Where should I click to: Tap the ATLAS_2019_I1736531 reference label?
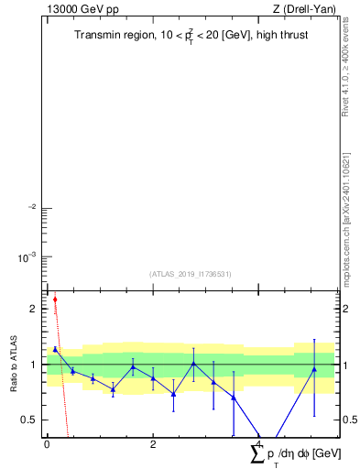pyautogui.click(x=191, y=274)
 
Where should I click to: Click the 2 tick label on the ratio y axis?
pyautogui.click(x=32, y=309)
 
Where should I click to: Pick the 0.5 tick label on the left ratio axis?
pyautogui.click(x=27, y=420)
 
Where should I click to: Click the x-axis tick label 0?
pyautogui.click(x=47, y=443)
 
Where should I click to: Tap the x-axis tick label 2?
pyautogui.click(x=153, y=443)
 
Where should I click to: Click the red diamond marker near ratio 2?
pyautogui.click(x=55, y=299)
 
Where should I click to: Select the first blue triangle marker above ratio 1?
pyautogui.click(x=55, y=349)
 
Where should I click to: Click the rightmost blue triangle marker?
pyautogui.click(x=314, y=369)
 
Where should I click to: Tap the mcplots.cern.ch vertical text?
pyautogui.click(x=346, y=220)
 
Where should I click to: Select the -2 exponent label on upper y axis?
pyautogui.click(x=30, y=207)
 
